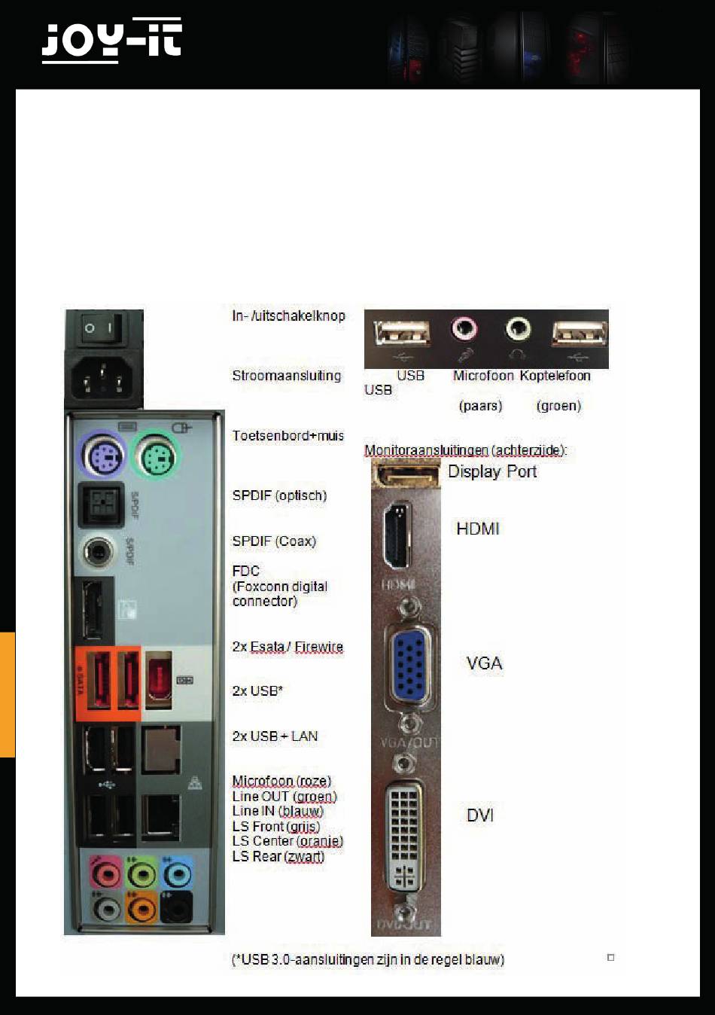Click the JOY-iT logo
pos(111,41)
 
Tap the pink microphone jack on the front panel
pos(464,329)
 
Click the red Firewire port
pos(158,680)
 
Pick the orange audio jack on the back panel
pos(141,909)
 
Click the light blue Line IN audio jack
pos(176,874)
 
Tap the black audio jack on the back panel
pos(176,909)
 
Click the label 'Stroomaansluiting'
pos(286,376)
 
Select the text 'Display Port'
pos(492,472)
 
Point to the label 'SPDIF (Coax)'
pos(274,541)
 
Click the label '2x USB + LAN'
pos(275,736)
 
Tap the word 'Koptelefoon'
pos(555,376)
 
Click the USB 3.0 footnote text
pos(368,960)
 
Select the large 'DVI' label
pos(480,815)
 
